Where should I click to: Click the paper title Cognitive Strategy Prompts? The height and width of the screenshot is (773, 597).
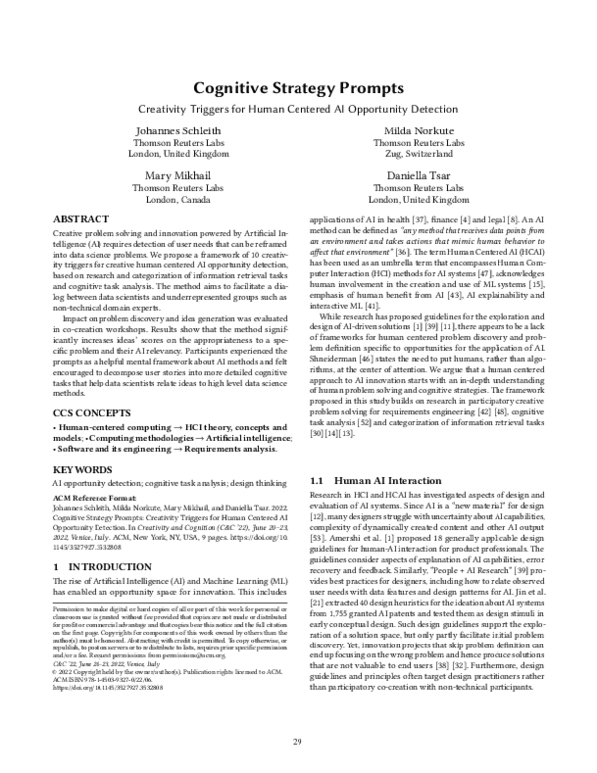pos(298,88)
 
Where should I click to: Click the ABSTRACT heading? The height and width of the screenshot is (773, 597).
pos(82,218)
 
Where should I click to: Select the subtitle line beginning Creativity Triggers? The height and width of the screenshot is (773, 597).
pos(298,108)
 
